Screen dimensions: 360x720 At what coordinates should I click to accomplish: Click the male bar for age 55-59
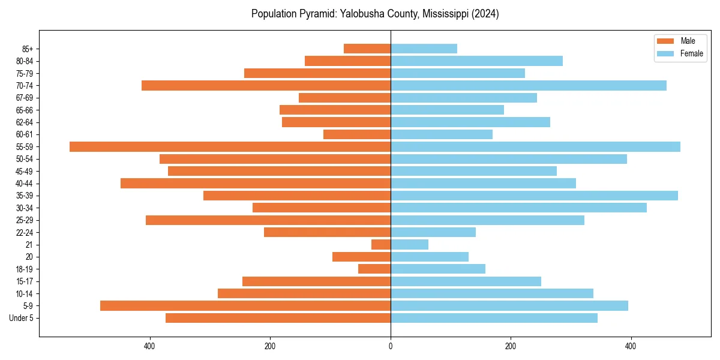pyautogui.click(x=230, y=146)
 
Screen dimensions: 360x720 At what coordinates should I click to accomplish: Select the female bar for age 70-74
pyautogui.click(x=528, y=85)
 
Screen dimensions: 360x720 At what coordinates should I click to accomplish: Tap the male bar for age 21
pyautogui.click(x=381, y=244)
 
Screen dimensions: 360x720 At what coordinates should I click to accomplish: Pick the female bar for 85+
pyautogui.click(x=424, y=49)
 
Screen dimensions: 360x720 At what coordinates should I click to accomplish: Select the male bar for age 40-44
pyautogui.click(x=255, y=183)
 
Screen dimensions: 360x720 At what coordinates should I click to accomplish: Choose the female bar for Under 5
pyautogui.click(x=494, y=318)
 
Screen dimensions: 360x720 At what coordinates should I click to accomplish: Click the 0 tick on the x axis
pyautogui.click(x=391, y=346)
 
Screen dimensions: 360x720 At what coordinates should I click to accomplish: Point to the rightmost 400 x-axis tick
pyautogui.click(x=631, y=346)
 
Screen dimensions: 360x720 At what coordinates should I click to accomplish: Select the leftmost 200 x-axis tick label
pyautogui.click(x=270, y=346)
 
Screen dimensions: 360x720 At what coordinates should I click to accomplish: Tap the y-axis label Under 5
pyautogui.click(x=21, y=318)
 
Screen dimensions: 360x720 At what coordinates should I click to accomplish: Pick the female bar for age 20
pyautogui.click(x=429, y=257)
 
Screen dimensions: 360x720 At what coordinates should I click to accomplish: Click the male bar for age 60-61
pyautogui.click(x=357, y=134)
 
